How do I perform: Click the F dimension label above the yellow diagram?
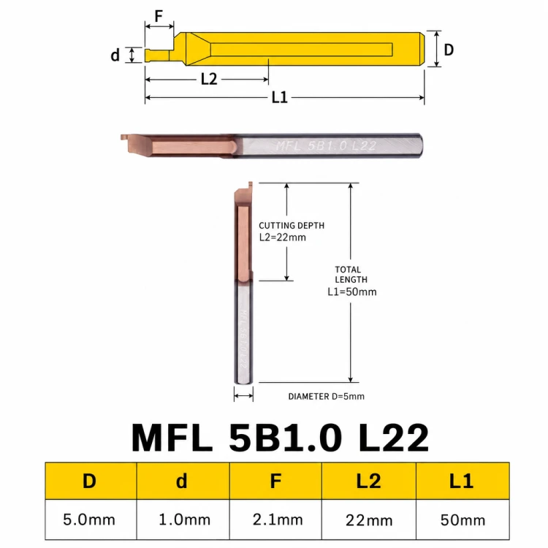coord(159,16)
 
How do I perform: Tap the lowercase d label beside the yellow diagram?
coord(115,56)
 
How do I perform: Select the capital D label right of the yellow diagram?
coord(449,50)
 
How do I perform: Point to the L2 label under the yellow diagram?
coord(209,79)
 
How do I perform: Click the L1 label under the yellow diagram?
coord(280,97)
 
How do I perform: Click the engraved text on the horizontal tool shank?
coord(326,145)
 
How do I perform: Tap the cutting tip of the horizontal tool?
coord(123,137)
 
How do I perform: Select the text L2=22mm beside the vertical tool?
coord(282,237)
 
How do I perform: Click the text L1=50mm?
coord(352,292)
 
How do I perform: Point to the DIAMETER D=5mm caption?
coord(326,396)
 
